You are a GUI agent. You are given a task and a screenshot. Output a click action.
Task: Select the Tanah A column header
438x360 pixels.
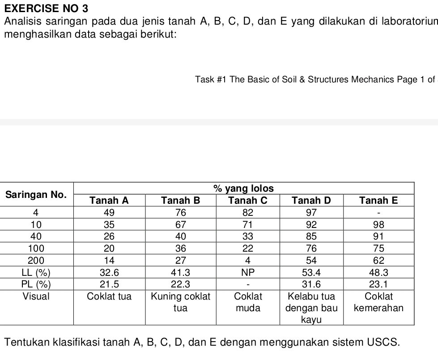(109, 200)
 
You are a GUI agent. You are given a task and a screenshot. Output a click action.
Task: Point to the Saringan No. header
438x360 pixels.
(36, 194)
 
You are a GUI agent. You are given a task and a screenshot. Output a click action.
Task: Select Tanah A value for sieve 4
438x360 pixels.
(109, 212)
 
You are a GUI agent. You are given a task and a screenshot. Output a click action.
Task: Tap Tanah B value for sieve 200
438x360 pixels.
(180, 260)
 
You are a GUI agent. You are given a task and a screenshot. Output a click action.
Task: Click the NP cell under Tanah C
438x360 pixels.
(248, 272)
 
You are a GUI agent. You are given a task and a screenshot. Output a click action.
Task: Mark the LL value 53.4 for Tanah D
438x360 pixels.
(311, 272)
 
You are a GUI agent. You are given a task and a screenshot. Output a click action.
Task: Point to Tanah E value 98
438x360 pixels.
(378, 224)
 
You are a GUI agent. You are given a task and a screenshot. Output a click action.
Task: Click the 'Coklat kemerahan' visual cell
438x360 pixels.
(378, 302)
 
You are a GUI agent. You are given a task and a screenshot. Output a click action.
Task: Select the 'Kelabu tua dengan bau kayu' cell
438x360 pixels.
(311, 308)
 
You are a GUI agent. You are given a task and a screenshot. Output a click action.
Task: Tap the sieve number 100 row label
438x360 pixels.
(36, 248)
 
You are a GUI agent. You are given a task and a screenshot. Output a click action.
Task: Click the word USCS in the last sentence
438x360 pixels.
(382, 343)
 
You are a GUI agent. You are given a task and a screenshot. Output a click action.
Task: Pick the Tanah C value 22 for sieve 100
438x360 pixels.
(248, 248)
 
